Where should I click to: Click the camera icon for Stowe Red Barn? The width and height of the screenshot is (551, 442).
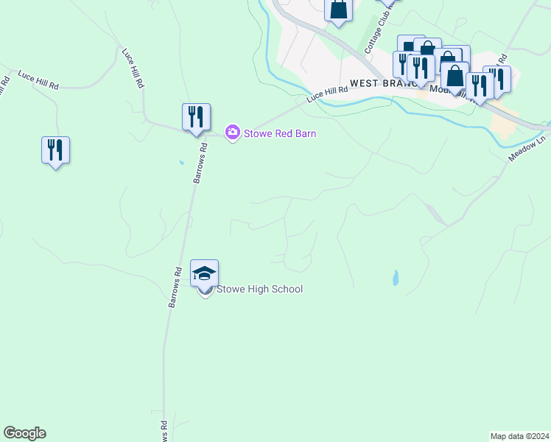click(233, 133)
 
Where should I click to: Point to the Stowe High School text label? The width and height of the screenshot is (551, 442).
click(259, 290)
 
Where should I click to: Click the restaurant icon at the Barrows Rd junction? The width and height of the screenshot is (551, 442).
click(196, 117)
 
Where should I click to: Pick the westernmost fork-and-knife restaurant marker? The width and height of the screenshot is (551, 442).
click(55, 150)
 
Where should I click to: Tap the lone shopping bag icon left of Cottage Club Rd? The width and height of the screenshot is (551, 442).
click(338, 10)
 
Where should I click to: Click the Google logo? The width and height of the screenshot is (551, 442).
click(24, 433)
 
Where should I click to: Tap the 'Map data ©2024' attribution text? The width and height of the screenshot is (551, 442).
click(519, 436)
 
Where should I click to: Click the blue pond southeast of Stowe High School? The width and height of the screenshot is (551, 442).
click(396, 278)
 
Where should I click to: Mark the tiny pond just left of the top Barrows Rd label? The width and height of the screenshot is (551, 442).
click(180, 162)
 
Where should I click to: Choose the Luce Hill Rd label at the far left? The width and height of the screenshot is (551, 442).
click(38, 80)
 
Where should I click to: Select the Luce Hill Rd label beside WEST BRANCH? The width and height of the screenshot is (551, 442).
click(326, 94)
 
